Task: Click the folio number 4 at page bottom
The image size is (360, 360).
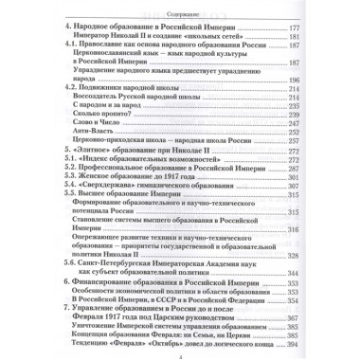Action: point(180,354)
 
